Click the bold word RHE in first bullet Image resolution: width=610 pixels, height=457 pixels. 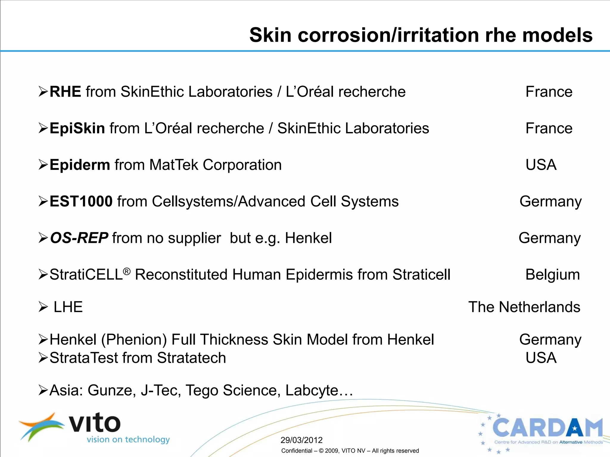pos(65,92)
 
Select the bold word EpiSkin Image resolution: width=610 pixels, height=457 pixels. pos(77,128)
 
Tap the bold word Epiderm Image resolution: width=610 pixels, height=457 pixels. pos(80,165)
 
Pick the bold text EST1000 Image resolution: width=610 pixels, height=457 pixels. pos(81,201)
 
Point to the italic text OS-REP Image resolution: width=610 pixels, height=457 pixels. pos(79,238)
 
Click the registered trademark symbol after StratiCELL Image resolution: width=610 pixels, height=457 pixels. pos(127,271)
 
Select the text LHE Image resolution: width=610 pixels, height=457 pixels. pos(68,307)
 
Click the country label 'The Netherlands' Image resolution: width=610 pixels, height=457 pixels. pos(524,307)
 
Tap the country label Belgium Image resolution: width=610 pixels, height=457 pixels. pos(553,275)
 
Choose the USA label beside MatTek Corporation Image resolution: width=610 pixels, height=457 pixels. pos(541,165)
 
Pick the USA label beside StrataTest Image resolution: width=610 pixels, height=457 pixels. pos(541,358)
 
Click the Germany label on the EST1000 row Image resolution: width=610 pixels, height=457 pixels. pos(550,201)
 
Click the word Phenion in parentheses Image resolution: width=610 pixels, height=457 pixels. pos(134,339)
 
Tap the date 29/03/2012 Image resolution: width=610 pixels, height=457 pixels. pos(301,440)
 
